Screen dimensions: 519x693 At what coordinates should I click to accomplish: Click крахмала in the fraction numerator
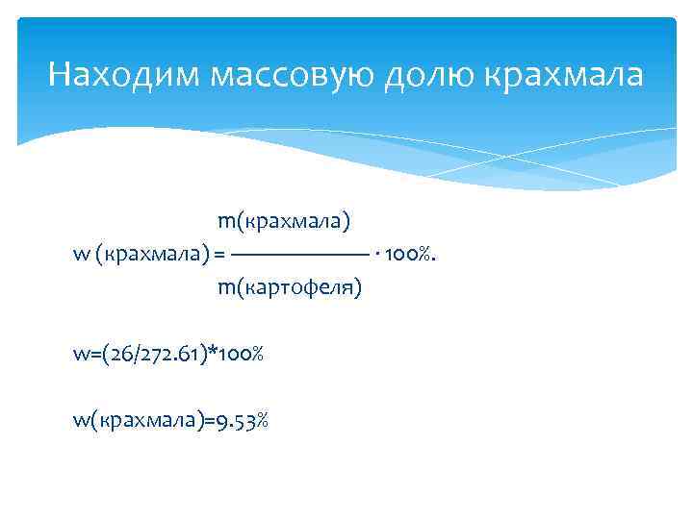coord(294,222)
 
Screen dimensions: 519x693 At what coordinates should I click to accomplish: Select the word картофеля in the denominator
coord(299,287)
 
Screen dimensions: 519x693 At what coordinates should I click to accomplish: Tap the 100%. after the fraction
coord(412,255)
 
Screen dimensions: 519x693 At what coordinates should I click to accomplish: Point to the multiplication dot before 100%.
coord(377,255)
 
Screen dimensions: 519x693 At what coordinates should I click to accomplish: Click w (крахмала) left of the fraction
coord(141,255)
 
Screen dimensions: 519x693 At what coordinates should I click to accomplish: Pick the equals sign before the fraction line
coord(219,255)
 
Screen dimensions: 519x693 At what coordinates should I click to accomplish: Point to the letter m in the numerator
coord(225,222)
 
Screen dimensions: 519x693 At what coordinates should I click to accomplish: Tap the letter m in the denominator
coord(225,287)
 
